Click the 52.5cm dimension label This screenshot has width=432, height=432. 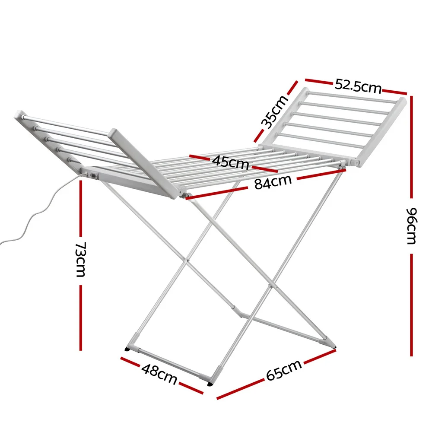coord(358,86)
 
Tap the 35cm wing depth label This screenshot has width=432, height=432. coord(274,112)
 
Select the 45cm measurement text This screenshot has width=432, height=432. coord(231,162)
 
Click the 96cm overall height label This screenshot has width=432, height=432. coord(412,226)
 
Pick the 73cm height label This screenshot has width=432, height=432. coord(81,259)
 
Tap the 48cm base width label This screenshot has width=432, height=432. coord(159,374)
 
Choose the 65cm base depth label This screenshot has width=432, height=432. coord(284,370)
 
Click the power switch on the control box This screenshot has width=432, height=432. coord(94,175)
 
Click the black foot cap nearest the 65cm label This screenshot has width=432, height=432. coord(210,383)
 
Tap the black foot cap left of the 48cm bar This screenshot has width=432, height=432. coord(127,349)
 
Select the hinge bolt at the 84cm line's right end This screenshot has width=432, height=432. coord(343,167)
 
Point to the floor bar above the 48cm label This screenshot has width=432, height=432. coord(169,362)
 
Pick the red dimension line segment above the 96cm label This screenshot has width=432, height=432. coord(411,147)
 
